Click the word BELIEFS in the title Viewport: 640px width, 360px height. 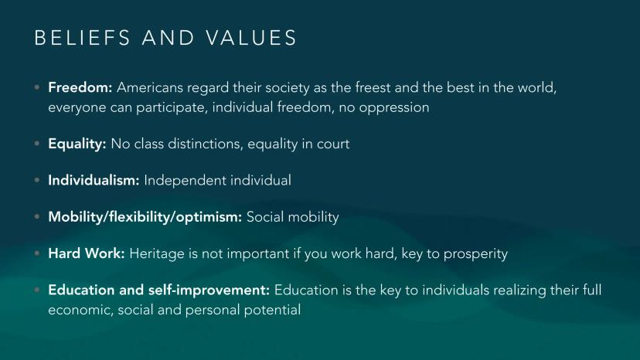click(82, 38)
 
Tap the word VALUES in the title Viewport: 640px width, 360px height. click(251, 38)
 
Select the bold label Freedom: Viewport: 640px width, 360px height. click(80, 87)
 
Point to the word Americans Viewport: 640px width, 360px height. click(150, 87)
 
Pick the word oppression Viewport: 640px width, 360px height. click(394, 107)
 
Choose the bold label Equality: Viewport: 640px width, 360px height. click(77, 144)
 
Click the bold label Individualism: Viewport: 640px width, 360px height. click(94, 181)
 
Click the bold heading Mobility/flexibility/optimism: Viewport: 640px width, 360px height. click(145, 217)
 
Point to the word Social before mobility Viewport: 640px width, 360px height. click(265, 217)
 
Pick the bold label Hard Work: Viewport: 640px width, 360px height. click(87, 253)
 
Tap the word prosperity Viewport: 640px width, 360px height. click(475, 254)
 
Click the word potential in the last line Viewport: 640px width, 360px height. click(272, 311)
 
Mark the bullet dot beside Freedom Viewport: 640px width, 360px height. click(37, 87)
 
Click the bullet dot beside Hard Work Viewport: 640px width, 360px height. click(37, 253)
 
